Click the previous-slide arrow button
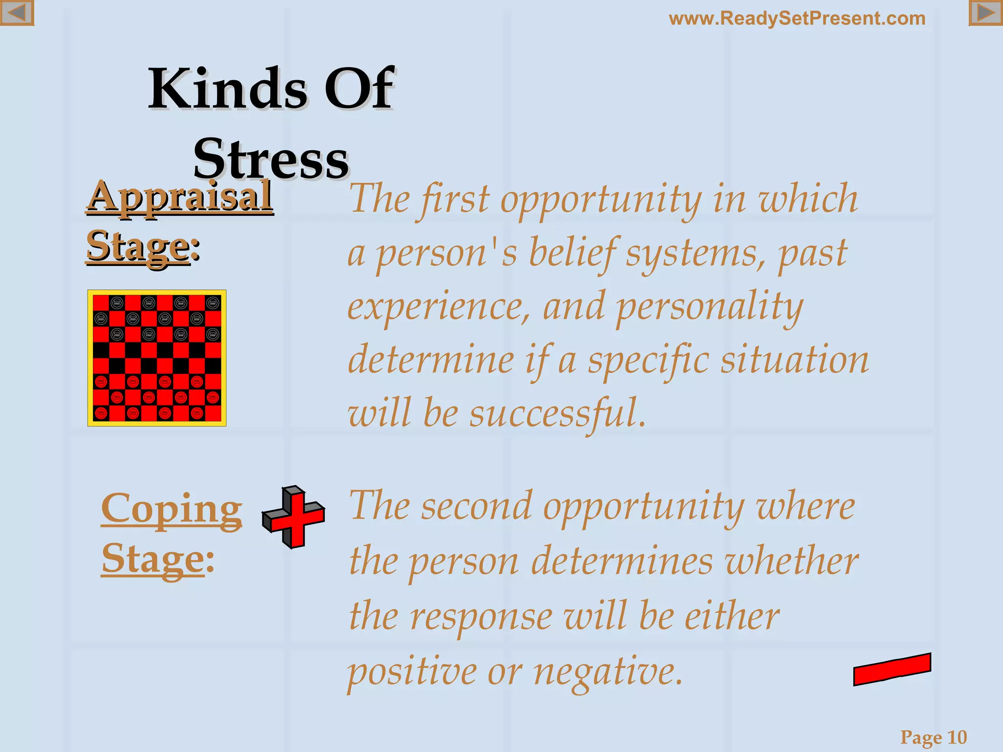tap(17, 13)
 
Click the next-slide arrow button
tap(985, 13)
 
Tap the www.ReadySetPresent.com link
tap(797, 19)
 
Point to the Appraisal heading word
tap(180, 196)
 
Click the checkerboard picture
tap(157, 358)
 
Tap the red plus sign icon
tap(293, 517)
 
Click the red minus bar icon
tap(892, 669)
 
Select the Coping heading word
tap(171, 509)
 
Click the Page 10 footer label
tap(933, 737)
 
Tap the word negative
tap(607, 672)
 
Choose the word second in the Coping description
tap(476, 507)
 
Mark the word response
tap(481, 617)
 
